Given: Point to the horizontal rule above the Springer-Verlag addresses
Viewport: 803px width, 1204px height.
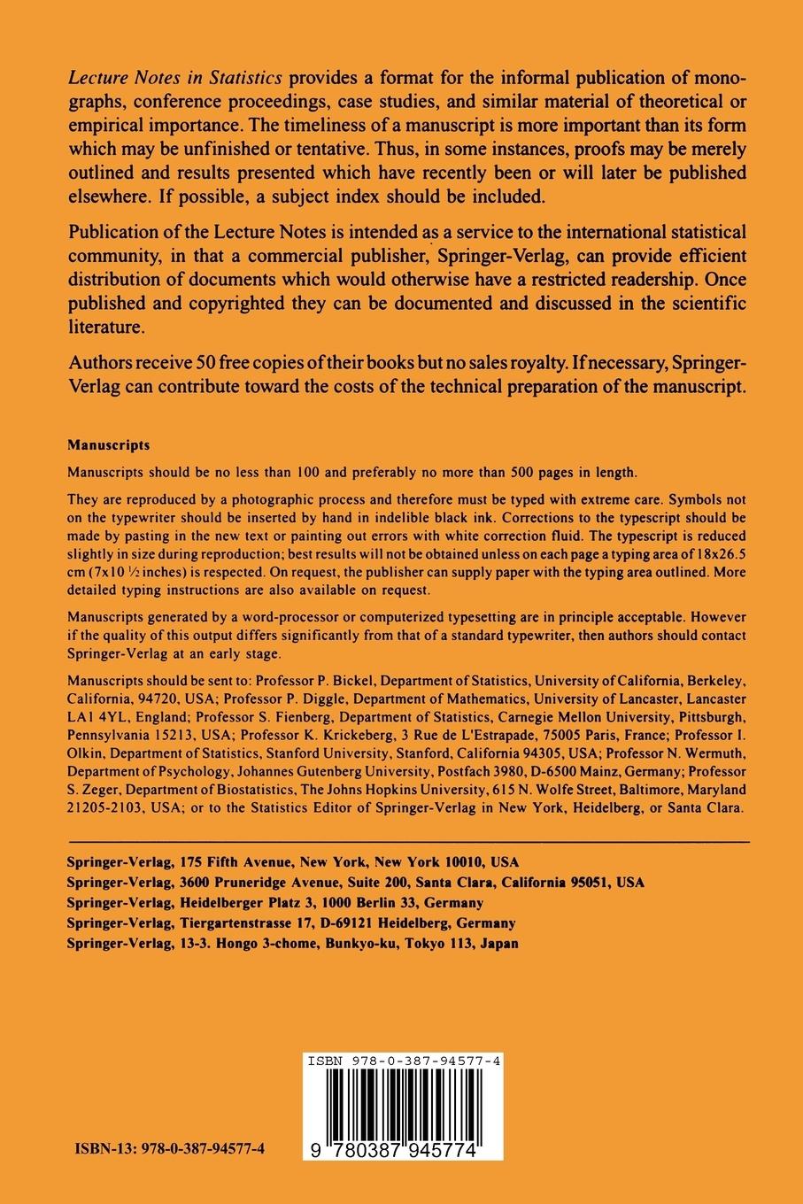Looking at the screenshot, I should pyautogui.click(x=408, y=840).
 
